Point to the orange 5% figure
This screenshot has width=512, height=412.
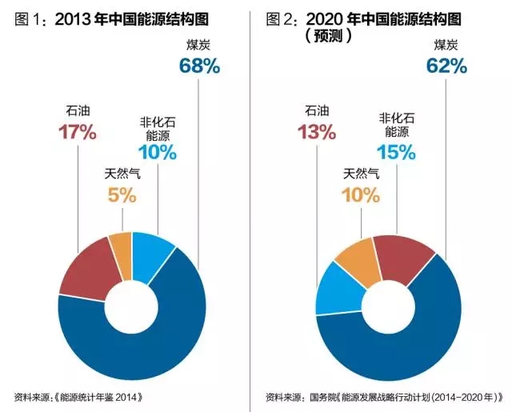coord(121,194)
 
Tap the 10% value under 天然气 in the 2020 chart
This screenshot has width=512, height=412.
coord(361,194)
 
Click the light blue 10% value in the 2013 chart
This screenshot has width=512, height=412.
coord(157,151)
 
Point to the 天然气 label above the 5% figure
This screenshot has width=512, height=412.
coord(121,173)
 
